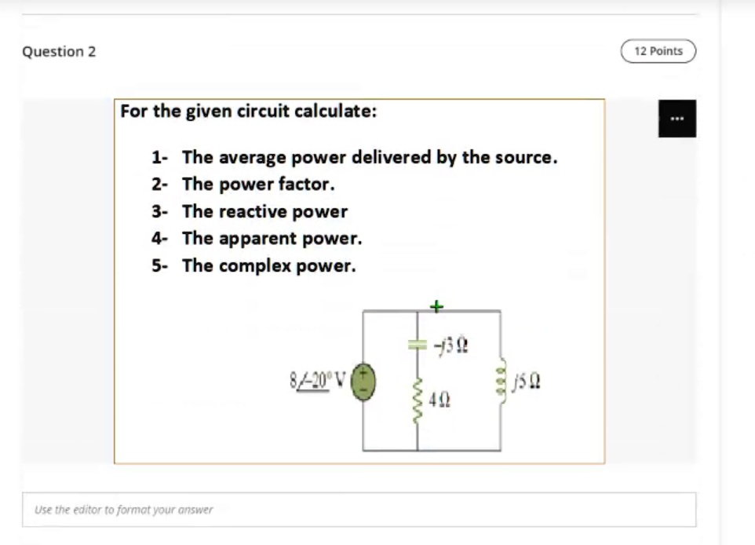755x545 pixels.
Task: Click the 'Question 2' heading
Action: pos(59,52)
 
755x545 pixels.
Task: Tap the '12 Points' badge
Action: pos(658,51)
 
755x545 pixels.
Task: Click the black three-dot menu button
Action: pos(677,119)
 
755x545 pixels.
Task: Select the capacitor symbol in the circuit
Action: pos(417,343)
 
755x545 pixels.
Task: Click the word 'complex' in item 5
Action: pos(253,266)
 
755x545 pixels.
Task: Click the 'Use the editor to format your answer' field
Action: pos(359,510)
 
